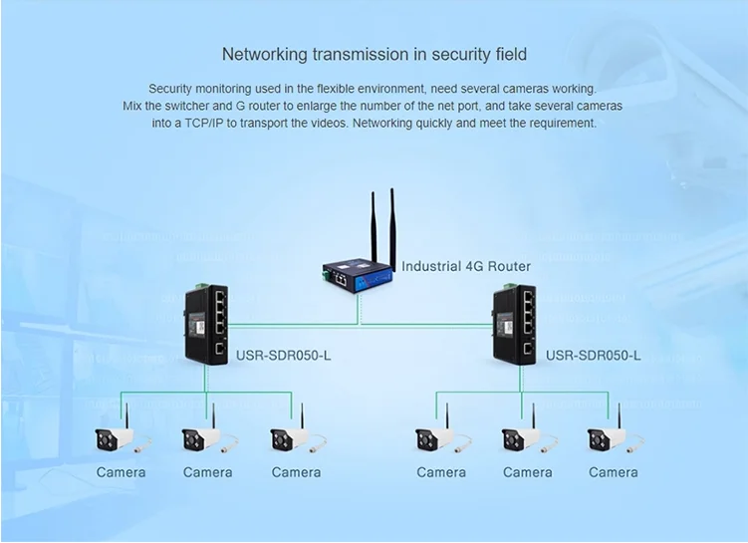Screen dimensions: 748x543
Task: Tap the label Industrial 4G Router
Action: (466, 266)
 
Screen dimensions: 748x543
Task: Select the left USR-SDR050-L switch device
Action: (206, 324)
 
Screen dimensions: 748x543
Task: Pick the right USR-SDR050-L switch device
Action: (515, 324)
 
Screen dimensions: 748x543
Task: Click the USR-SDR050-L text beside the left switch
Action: (283, 356)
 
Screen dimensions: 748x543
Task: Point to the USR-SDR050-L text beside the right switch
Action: (593, 356)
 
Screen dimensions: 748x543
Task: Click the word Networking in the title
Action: (265, 55)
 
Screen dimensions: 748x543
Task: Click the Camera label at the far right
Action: (613, 472)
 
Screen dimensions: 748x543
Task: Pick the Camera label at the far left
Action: (121, 472)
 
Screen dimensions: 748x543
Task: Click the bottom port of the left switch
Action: (220, 349)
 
